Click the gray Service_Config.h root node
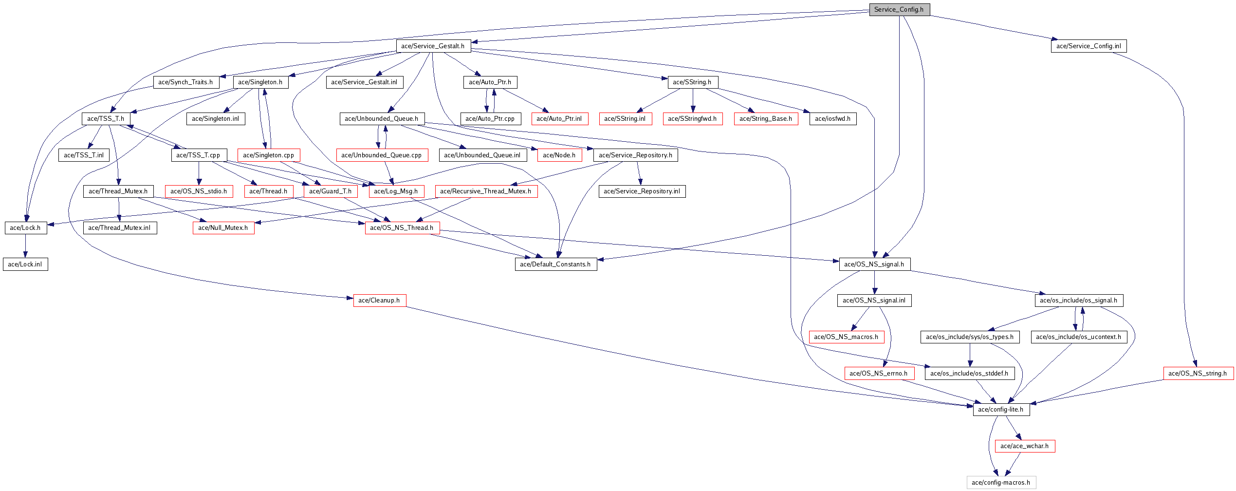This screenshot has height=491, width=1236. pos(899,10)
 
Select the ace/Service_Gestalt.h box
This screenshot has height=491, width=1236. pos(433,46)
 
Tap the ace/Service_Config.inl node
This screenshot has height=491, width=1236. pos(1088,46)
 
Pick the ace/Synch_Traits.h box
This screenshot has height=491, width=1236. pos(186,82)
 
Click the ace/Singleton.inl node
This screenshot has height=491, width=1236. pos(216,119)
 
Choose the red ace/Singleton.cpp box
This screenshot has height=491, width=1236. pos(269,155)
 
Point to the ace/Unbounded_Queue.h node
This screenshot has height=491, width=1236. pos(382,119)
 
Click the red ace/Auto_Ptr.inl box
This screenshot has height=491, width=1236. pos(559,119)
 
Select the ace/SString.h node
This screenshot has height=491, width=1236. pos(692,82)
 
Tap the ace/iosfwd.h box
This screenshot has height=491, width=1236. pos(833,119)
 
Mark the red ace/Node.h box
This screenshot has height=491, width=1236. pos(559,155)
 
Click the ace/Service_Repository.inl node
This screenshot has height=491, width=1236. pos(642,191)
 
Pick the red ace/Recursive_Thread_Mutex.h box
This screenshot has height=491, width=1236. pos(486,191)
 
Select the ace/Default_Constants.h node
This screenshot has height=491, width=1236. pos(555,264)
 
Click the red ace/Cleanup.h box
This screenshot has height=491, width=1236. pos(379,301)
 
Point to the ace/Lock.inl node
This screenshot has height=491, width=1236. pos(25,264)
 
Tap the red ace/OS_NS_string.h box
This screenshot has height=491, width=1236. pos(1198,374)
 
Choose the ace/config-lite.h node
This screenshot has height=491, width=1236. pos(1001,410)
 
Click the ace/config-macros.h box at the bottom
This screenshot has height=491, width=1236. pos(1001,483)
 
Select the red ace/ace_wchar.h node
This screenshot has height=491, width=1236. pos(1025,446)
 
